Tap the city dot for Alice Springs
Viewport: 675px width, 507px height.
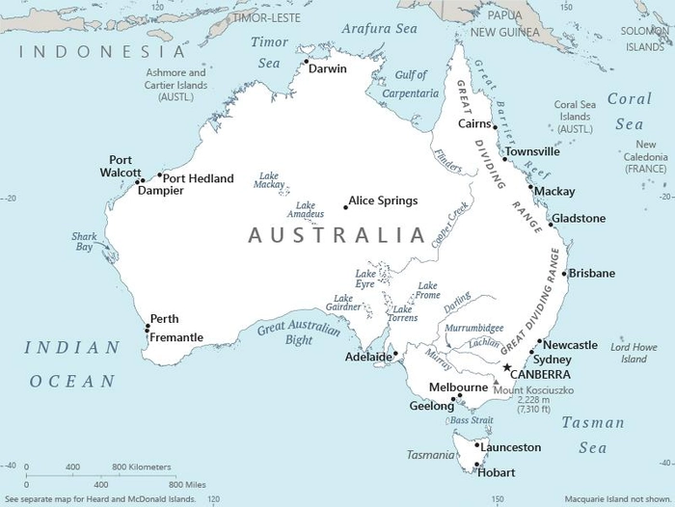point(346,206)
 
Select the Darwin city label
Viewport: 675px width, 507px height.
point(328,68)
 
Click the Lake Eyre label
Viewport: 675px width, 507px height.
point(365,279)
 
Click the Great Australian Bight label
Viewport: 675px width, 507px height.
point(299,334)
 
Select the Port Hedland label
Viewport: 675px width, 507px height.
point(198,178)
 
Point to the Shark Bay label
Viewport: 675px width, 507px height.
point(84,241)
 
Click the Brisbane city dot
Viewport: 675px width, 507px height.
point(564,274)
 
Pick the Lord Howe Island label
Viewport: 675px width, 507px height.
point(634,353)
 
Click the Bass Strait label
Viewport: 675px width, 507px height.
point(472,421)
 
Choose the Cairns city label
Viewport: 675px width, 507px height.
point(474,123)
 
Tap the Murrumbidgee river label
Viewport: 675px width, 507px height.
point(474,328)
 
